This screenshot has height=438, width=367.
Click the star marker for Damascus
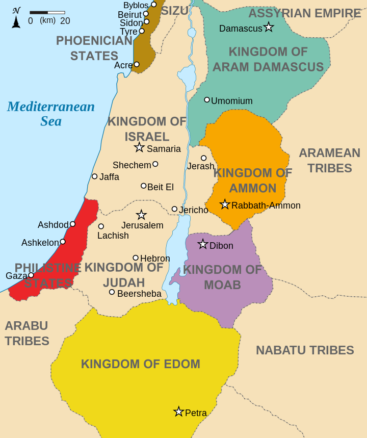point(269,27)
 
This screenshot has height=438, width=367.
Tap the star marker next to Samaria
point(139,147)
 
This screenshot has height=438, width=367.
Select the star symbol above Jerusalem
point(141,215)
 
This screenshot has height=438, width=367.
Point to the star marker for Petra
point(178,411)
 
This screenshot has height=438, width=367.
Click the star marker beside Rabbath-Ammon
point(225,204)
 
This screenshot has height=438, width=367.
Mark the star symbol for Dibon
point(203,244)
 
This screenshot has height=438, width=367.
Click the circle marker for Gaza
point(31,275)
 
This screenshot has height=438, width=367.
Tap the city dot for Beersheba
point(112,292)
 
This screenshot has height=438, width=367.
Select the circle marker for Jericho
point(174,209)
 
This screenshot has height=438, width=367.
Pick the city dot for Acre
point(137,64)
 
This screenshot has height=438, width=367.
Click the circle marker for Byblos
point(154,5)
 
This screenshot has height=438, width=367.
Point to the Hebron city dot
point(136,258)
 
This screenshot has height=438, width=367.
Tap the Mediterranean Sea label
point(51,114)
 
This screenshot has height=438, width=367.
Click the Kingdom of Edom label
point(140,364)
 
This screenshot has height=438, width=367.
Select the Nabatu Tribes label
point(305,350)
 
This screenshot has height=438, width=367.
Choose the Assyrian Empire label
point(305,13)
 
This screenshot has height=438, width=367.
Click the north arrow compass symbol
point(16,18)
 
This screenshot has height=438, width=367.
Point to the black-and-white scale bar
point(47,12)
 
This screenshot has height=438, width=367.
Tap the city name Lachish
point(113,236)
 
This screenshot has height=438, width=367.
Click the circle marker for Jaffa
point(94,176)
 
